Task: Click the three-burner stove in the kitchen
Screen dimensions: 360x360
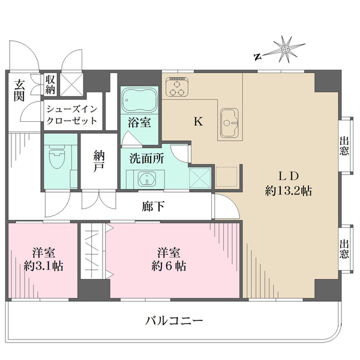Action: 177,88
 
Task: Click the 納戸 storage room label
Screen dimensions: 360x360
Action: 99,161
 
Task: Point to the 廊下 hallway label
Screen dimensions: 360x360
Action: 153,206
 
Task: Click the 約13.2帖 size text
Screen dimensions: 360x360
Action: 289,191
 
